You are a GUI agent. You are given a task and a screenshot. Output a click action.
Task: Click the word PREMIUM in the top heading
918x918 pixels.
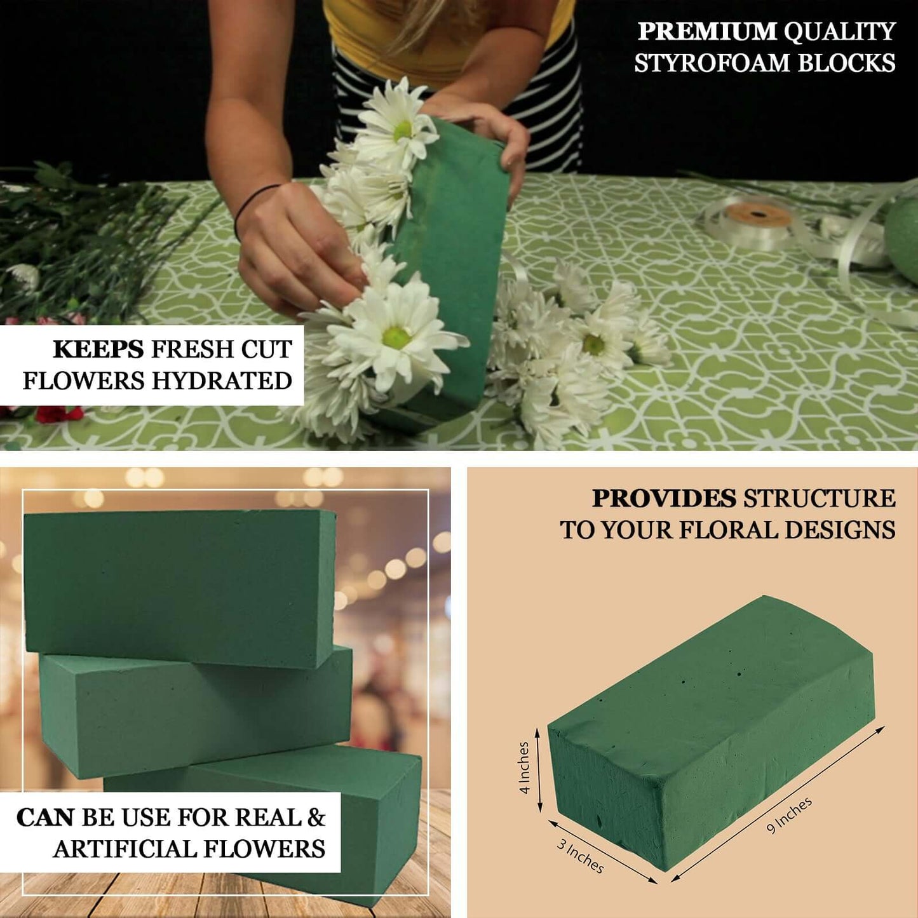[706, 31]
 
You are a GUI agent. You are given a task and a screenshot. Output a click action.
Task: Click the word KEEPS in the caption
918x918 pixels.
[98, 349]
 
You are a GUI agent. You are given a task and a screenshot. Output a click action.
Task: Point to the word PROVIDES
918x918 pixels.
[664, 499]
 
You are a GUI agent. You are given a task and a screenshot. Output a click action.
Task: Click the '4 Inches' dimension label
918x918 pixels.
[523, 768]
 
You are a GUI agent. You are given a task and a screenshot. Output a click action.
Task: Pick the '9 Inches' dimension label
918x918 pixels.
[789, 815]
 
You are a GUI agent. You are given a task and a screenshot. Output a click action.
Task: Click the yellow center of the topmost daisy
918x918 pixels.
[403, 131]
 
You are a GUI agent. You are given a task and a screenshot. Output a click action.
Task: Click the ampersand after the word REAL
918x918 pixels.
[316, 818]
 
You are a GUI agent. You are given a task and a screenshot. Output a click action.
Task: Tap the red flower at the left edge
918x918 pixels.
[57, 414]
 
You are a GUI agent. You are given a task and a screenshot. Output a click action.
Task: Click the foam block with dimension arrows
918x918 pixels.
[712, 731]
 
